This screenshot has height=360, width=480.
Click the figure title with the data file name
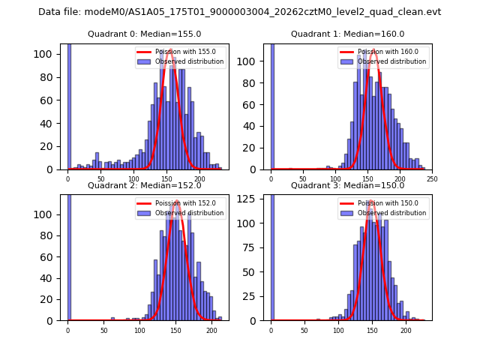click(240, 12)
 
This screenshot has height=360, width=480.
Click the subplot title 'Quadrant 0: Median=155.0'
click(144, 34)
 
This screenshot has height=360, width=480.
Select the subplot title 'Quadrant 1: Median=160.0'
click(347, 34)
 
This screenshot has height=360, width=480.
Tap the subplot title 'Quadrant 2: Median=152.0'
click(144, 185)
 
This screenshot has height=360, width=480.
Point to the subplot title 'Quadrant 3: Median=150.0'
click(347, 185)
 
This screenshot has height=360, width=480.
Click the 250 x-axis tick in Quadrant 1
click(432, 178)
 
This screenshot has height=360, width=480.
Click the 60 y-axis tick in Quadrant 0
click(52, 100)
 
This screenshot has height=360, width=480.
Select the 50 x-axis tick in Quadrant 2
click(103, 330)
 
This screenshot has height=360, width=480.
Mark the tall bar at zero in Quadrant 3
click(271, 258)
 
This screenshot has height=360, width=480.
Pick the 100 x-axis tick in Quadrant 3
click(338, 330)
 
